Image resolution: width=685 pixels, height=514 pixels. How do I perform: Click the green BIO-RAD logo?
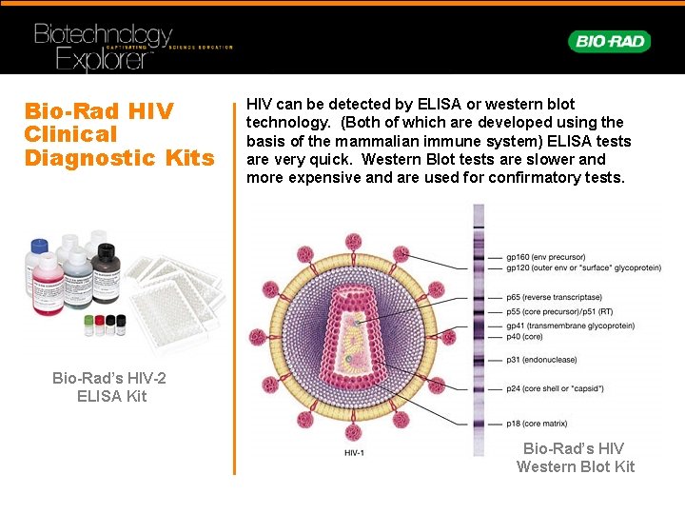click(x=609, y=41)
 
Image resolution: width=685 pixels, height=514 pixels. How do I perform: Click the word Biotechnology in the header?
click(x=103, y=35)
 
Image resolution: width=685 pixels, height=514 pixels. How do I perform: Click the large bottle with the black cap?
click(x=101, y=256)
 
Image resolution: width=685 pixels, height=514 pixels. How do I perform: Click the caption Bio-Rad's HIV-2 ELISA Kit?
click(x=111, y=386)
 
